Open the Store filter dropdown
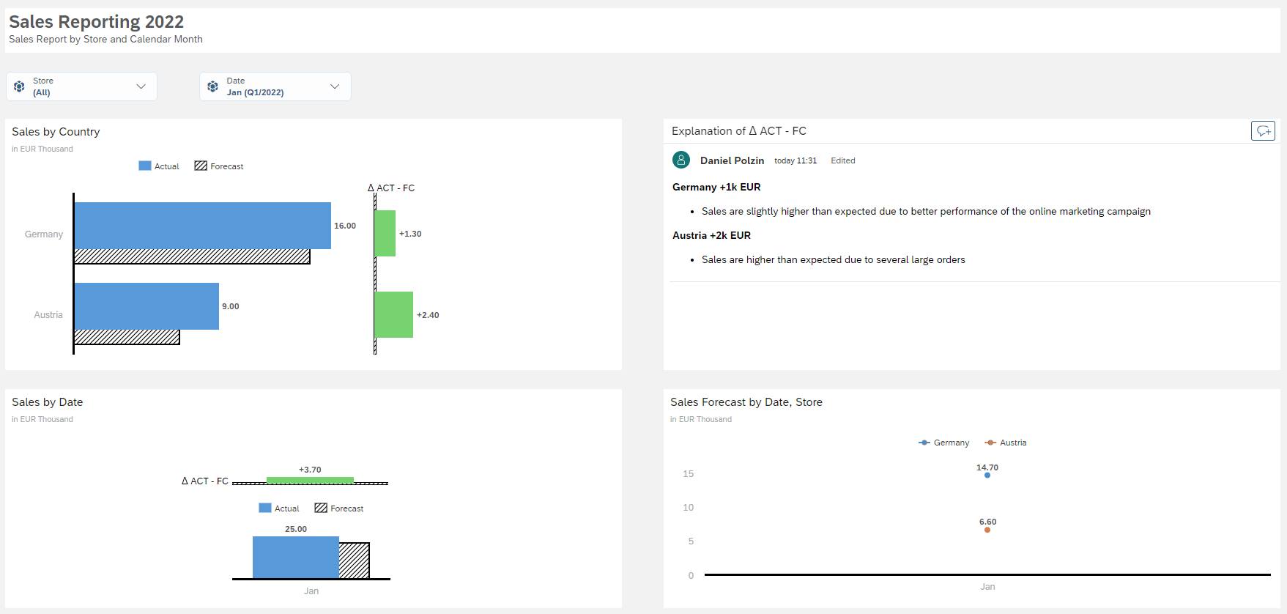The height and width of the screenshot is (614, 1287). [x=82, y=86]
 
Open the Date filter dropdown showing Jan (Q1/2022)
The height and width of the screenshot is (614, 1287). [x=275, y=86]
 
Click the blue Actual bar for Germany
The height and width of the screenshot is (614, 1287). [x=202, y=225]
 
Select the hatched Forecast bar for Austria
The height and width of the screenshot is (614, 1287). [x=127, y=337]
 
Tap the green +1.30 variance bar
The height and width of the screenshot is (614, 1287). [x=385, y=233]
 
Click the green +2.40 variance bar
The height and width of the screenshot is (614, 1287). [x=394, y=314]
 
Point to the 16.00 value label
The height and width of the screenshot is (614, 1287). [x=345, y=226]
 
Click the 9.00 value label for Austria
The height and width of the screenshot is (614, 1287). [x=231, y=306]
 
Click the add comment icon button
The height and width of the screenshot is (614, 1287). [x=1263, y=130]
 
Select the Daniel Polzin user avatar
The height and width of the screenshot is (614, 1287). [x=681, y=160]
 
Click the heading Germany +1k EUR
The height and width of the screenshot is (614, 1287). [x=716, y=187]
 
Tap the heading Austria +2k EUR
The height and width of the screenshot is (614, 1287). [x=711, y=235]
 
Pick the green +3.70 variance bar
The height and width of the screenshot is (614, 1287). [x=310, y=480]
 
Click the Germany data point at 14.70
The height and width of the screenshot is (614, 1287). [x=987, y=476]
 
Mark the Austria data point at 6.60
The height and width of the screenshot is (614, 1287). [x=987, y=530]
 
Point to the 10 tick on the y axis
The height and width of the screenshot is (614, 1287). [x=689, y=507]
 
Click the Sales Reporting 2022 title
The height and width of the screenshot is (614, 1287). [x=96, y=22]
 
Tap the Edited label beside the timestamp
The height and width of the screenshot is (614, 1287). [x=842, y=160]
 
